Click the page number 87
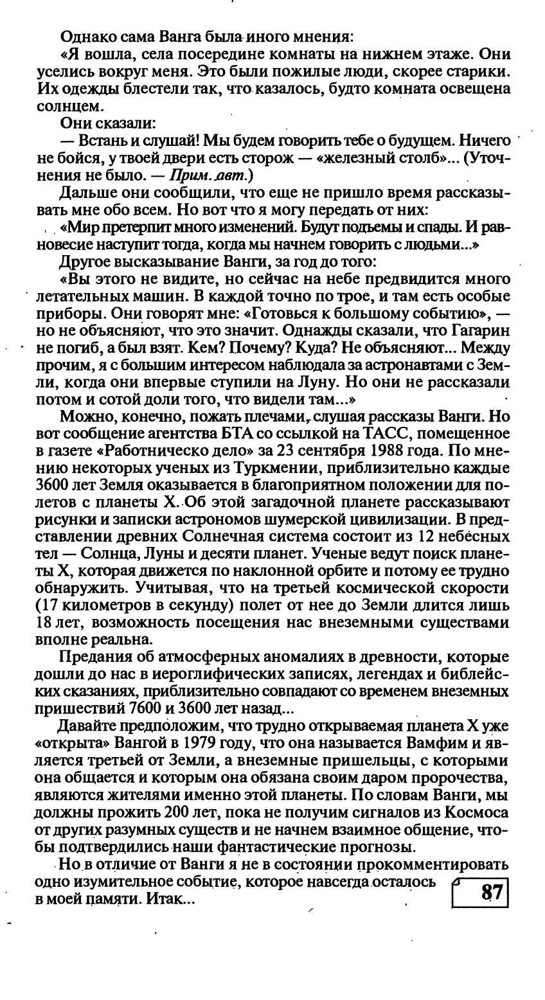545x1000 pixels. (x=490, y=894)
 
